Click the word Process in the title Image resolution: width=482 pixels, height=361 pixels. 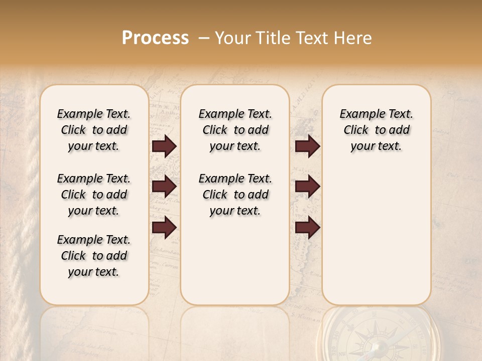(x=155, y=38)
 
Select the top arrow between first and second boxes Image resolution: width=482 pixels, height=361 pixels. (x=164, y=146)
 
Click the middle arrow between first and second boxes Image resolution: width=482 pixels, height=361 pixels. (x=164, y=187)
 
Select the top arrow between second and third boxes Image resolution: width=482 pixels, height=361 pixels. (x=307, y=146)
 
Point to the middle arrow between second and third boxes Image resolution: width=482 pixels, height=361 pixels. (x=307, y=187)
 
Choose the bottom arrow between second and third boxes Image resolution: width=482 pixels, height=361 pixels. (x=307, y=228)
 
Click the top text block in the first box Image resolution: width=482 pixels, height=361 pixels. (x=93, y=130)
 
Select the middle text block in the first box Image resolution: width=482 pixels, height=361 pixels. (x=93, y=195)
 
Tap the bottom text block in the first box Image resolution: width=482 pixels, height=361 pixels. (x=93, y=256)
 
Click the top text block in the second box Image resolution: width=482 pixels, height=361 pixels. (x=235, y=130)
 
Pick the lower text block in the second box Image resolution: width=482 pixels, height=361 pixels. (x=235, y=195)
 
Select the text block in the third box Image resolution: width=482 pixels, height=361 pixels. (x=376, y=130)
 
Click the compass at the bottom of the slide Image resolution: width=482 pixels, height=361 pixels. (x=376, y=337)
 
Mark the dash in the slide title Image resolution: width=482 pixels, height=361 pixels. (x=204, y=38)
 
